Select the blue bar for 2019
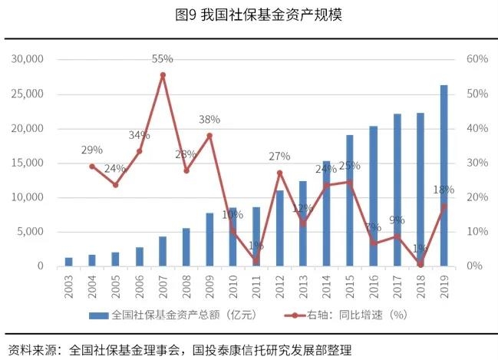pos(444,177)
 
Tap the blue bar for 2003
pos(68,262)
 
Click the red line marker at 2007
pos(163,75)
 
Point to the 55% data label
pos(163,58)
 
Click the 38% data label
pos(209,120)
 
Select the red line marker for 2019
pos(444,205)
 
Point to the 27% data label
pos(279,157)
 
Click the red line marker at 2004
pos(92,166)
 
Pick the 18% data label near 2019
pos(444,190)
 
